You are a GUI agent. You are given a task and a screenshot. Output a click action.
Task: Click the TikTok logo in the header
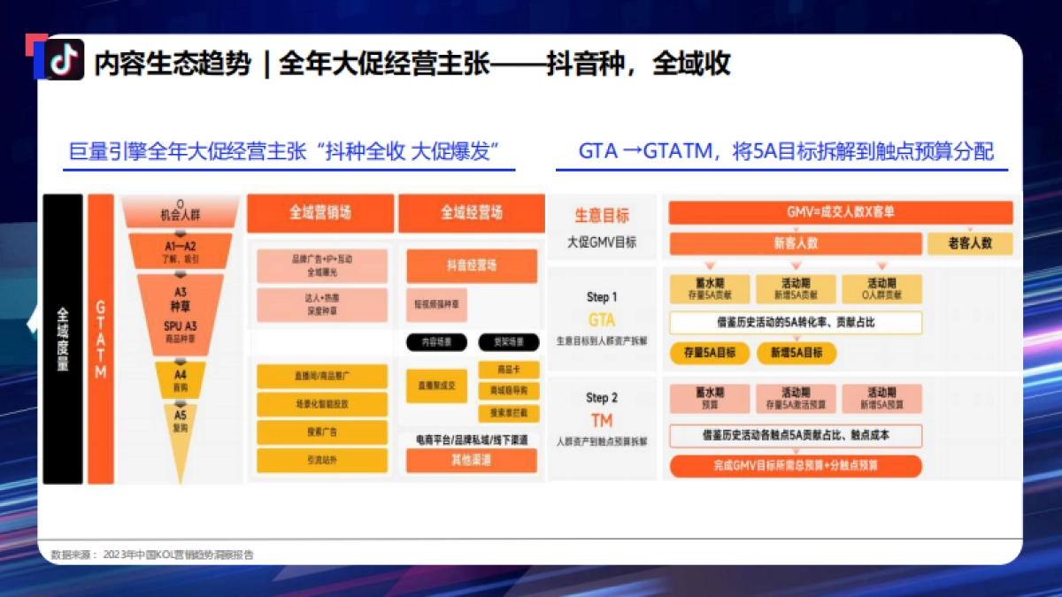(x=65, y=59)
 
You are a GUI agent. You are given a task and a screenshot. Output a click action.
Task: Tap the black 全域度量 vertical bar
(x=63, y=339)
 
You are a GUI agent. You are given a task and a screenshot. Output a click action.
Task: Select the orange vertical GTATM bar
(x=101, y=339)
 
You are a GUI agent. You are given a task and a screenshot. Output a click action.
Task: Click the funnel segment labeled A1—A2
(x=181, y=250)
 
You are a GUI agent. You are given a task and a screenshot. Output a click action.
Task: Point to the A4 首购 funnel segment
(x=181, y=379)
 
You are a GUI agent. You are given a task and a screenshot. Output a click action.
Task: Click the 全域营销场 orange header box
(x=319, y=213)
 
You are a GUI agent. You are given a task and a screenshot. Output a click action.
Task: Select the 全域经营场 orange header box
(x=471, y=213)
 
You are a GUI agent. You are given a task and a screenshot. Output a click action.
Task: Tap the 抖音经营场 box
(x=471, y=265)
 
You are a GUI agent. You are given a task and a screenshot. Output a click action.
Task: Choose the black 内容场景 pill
(x=435, y=341)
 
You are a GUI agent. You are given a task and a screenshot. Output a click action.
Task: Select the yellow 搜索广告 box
(x=321, y=432)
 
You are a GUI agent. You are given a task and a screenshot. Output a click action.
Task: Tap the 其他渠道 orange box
(x=471, y=461)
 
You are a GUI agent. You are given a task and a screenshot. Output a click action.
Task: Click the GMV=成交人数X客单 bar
(x=840, y=212)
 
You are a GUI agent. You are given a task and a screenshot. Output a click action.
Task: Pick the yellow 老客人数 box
(x=969, y=243)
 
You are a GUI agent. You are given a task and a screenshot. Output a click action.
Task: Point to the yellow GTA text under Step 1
(x=601, y=319)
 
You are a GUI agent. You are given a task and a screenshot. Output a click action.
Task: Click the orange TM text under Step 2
(x=601, y=420)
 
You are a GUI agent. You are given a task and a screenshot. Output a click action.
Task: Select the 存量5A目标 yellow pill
(x=709, y=352)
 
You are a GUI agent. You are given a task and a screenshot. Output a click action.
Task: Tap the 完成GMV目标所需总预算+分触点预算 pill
(x=795, y=465)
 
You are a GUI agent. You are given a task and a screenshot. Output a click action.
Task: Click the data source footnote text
(x=151, y=555)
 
